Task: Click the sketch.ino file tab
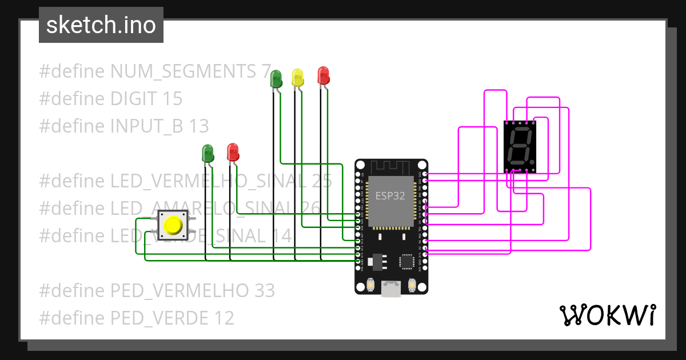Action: click(101, 25)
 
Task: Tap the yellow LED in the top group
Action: click(297, 77)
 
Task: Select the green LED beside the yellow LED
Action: click(276, 78)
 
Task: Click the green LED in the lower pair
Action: click(208, 153)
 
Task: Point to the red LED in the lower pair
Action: click(233, 151)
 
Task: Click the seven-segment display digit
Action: click(520, 146)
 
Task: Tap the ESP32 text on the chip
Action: click(390, 196)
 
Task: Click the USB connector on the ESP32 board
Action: click(390, 289)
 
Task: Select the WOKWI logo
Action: click(607, 315)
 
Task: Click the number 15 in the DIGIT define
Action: click(172, 99)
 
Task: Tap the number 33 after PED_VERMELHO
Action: click(264, 290)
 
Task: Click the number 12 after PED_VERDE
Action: click(224, 318)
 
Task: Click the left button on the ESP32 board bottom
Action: click(370, 284)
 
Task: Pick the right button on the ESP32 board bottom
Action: click(412, 284)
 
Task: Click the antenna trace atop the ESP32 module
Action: click(390, 167)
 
